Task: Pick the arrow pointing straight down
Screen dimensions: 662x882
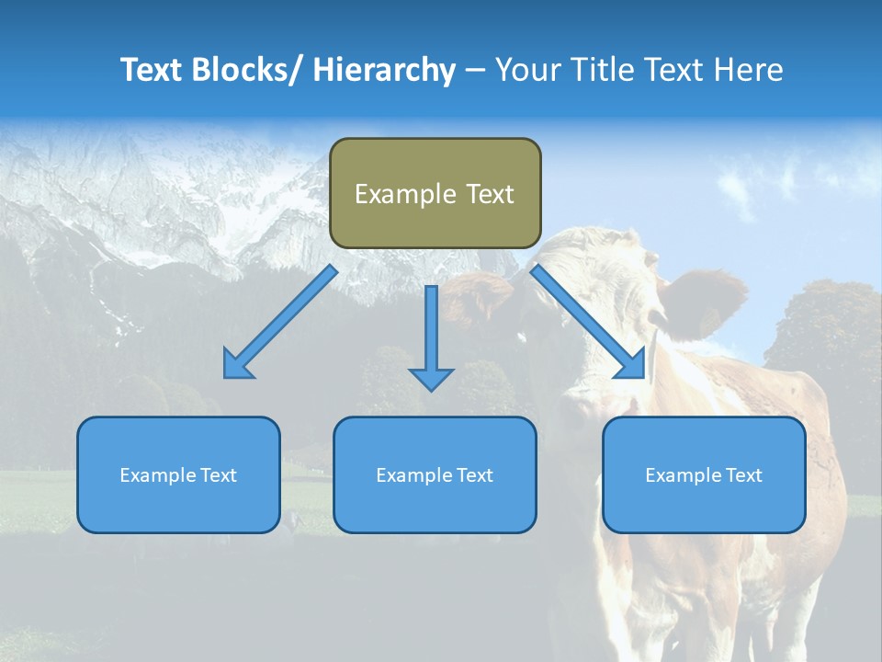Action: tap(431, 336)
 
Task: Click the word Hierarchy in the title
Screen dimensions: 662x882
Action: tap(384, 70)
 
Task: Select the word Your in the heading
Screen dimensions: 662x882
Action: tap(527, 70)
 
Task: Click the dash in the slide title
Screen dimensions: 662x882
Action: tap(475, 70)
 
